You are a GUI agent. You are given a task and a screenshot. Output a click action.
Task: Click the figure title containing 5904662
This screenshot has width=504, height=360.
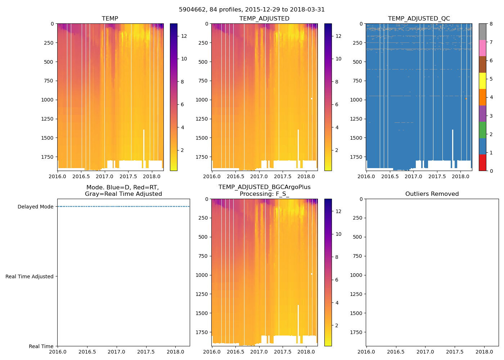pos(252,10)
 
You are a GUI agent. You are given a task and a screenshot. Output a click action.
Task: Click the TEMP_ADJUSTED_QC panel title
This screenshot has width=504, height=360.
pos(419,19)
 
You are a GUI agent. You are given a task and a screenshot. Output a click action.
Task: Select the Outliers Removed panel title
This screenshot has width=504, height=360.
pos(432,194)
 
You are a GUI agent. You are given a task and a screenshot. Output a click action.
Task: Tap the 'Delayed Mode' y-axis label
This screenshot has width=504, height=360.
pos(35,207)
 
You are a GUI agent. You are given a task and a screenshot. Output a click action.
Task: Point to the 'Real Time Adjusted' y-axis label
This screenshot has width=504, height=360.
pos(29,276)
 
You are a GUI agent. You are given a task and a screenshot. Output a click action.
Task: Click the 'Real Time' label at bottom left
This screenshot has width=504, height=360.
pos(41,346)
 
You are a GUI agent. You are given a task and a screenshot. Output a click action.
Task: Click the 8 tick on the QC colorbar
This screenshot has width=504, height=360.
pos(491,24)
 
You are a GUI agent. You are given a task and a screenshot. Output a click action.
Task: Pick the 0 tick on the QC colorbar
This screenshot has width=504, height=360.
pos(491,171)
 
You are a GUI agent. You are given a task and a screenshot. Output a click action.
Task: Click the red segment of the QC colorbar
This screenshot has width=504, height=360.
pos(482,162)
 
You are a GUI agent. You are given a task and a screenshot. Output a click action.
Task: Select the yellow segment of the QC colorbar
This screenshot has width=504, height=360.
pos(482,81)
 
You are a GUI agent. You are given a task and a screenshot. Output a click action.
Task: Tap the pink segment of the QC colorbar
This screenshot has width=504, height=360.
pos(482,48)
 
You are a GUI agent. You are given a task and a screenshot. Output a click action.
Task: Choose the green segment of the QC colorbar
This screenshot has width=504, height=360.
pos(482,130)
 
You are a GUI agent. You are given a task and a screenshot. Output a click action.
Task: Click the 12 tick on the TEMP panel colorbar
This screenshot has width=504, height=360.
pos(184,36)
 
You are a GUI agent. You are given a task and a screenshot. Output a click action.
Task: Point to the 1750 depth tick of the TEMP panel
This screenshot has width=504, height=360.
pos(47,157)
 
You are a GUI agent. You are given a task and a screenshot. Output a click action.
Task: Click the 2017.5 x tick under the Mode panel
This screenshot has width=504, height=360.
pos(146,352)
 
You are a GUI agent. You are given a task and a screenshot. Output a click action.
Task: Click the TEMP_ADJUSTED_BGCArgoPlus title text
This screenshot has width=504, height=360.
pos(264,187)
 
